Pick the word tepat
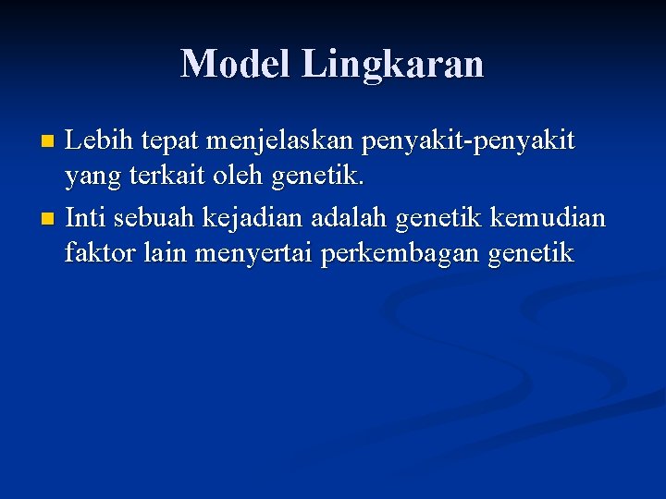point(170,142)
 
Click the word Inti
point(85,219)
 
